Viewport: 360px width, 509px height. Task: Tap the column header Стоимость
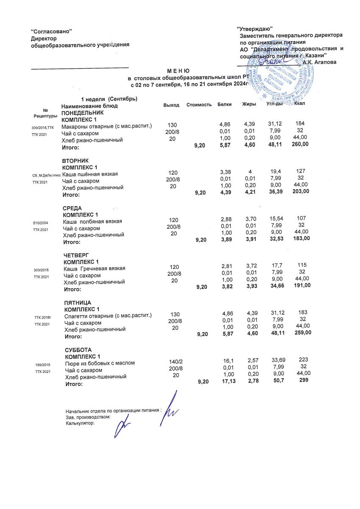tap(199, 105)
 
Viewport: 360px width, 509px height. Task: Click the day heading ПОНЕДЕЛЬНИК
tap(83, 114)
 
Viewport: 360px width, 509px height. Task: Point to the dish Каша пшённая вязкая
tap(90, 174)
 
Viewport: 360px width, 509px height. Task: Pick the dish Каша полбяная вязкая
tap(92, 221)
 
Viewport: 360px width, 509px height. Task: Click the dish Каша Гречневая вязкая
tap(94, 269)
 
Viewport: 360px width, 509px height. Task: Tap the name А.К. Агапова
tap(320, 62)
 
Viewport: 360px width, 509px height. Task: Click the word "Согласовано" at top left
tap(52, 32)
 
